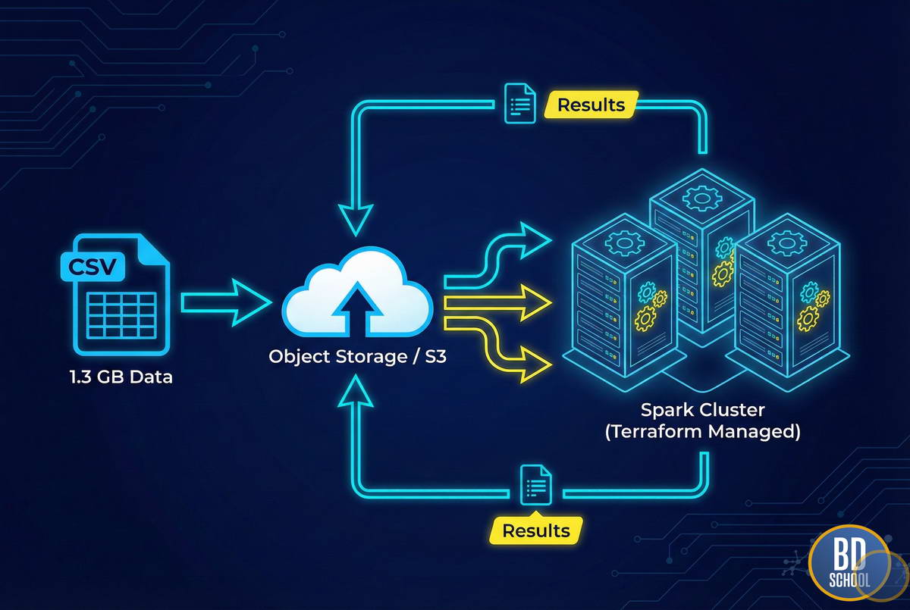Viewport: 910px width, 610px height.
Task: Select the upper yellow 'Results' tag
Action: click(x=591, y=105)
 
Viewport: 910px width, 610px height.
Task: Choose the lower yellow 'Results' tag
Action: click(x=536, y=530)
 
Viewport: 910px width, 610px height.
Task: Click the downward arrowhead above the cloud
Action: click(x=356, y=221)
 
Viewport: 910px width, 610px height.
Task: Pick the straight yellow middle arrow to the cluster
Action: click(x=497, y=304)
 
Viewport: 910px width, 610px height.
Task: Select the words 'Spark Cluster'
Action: click(x=703, y=410)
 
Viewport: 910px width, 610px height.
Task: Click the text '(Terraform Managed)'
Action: click(x=703, y=433)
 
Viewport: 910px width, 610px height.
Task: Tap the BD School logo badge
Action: click(x=848, y=563)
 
